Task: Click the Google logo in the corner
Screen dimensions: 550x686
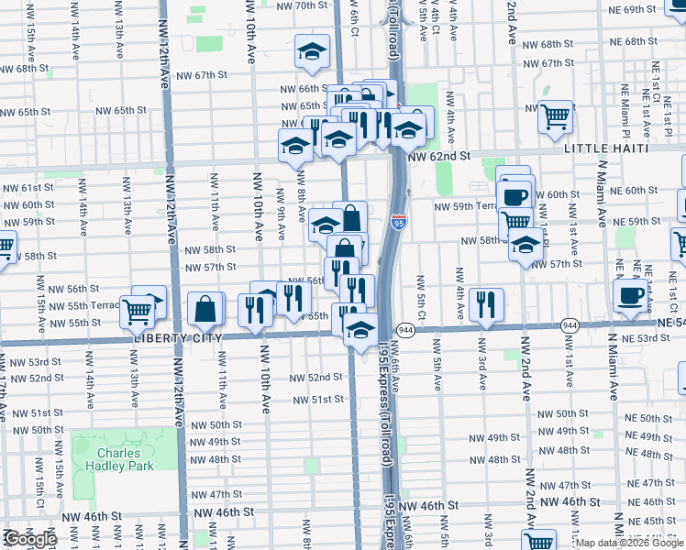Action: coord(29,539)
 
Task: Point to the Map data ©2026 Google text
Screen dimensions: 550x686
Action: coord(630,543)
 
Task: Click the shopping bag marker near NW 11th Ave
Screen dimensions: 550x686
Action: coord(206,309)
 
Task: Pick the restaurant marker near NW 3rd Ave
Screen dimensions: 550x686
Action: coord(486,303)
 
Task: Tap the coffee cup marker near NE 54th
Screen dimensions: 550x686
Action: coord(630,295)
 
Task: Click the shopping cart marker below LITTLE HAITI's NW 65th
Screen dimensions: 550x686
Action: coord(555,116)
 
